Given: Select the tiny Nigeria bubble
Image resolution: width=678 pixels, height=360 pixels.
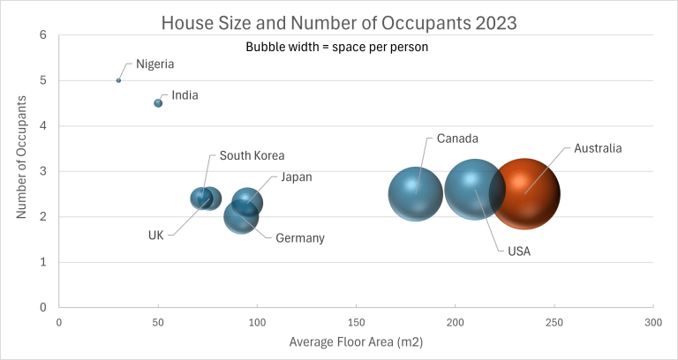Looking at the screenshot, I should [118, 80].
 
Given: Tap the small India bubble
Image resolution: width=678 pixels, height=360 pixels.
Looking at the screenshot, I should [158, 103].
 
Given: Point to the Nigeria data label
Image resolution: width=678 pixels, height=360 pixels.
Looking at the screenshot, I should [154, 64].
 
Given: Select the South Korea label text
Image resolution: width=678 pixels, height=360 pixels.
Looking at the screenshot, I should [252, 155].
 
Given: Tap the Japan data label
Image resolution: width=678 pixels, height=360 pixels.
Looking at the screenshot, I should [296, 177].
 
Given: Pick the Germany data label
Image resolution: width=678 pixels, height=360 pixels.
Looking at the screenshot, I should [300, 238].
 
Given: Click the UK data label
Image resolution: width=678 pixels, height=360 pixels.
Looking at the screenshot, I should [156, 235].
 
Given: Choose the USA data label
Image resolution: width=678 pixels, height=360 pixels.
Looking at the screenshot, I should [519, 251].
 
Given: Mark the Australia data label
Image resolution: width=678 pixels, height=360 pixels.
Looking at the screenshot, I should [598, 148].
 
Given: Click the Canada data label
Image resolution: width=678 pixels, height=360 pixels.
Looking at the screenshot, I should [457, 139].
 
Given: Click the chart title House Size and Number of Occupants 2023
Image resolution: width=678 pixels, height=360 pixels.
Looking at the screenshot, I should [339, 20].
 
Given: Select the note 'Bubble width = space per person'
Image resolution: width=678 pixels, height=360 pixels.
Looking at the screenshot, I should [336, 48].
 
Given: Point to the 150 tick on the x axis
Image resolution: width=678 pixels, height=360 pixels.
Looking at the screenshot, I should [355, 322].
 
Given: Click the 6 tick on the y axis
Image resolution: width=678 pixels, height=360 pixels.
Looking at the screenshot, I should [42, 35].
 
